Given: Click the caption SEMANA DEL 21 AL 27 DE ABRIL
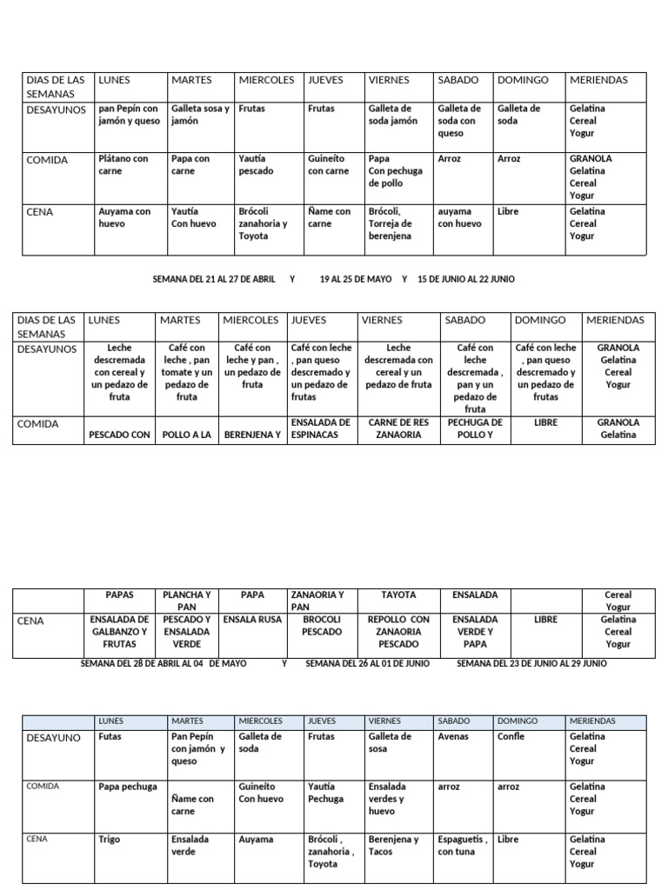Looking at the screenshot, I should [x=214, y=279].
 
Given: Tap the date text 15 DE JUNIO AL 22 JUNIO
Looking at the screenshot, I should [x=465, y=279].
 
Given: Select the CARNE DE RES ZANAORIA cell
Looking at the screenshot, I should [x=400, y=428].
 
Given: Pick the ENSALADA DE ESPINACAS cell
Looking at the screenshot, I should [x=321, y=428].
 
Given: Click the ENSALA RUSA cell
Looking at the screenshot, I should [x=252, y=620].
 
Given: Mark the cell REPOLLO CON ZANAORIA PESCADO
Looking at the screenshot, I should [x=398, y=632].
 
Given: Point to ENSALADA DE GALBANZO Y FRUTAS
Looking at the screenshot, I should [x=119, y=632].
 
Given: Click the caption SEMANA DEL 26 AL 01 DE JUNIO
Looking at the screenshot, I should [x=367, y=663].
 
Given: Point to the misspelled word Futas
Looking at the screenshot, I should [x=110, y=736].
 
